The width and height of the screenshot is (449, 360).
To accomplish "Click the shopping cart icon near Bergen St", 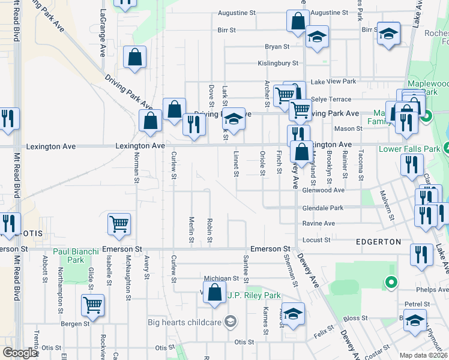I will (92, 306).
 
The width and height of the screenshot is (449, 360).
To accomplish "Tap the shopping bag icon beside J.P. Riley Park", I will (214, 293).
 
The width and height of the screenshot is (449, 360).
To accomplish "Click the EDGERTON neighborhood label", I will (378, 241).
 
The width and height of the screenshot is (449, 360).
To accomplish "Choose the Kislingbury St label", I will (277, 62).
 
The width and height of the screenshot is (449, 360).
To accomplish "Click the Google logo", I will (20, 353).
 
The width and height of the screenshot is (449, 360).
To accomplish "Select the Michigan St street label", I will (221, 278).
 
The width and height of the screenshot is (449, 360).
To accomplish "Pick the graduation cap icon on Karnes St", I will (292, 314).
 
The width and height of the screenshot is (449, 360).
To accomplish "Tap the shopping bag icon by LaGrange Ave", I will (135, 58).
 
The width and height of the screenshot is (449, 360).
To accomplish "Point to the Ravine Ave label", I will (319, 223).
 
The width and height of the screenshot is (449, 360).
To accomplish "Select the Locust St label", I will (318, 240).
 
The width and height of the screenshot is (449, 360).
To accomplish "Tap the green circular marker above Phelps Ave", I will (391, 281).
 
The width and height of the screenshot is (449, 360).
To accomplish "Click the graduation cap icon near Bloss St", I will (415, 320).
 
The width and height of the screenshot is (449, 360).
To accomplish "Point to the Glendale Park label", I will (323, 208).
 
